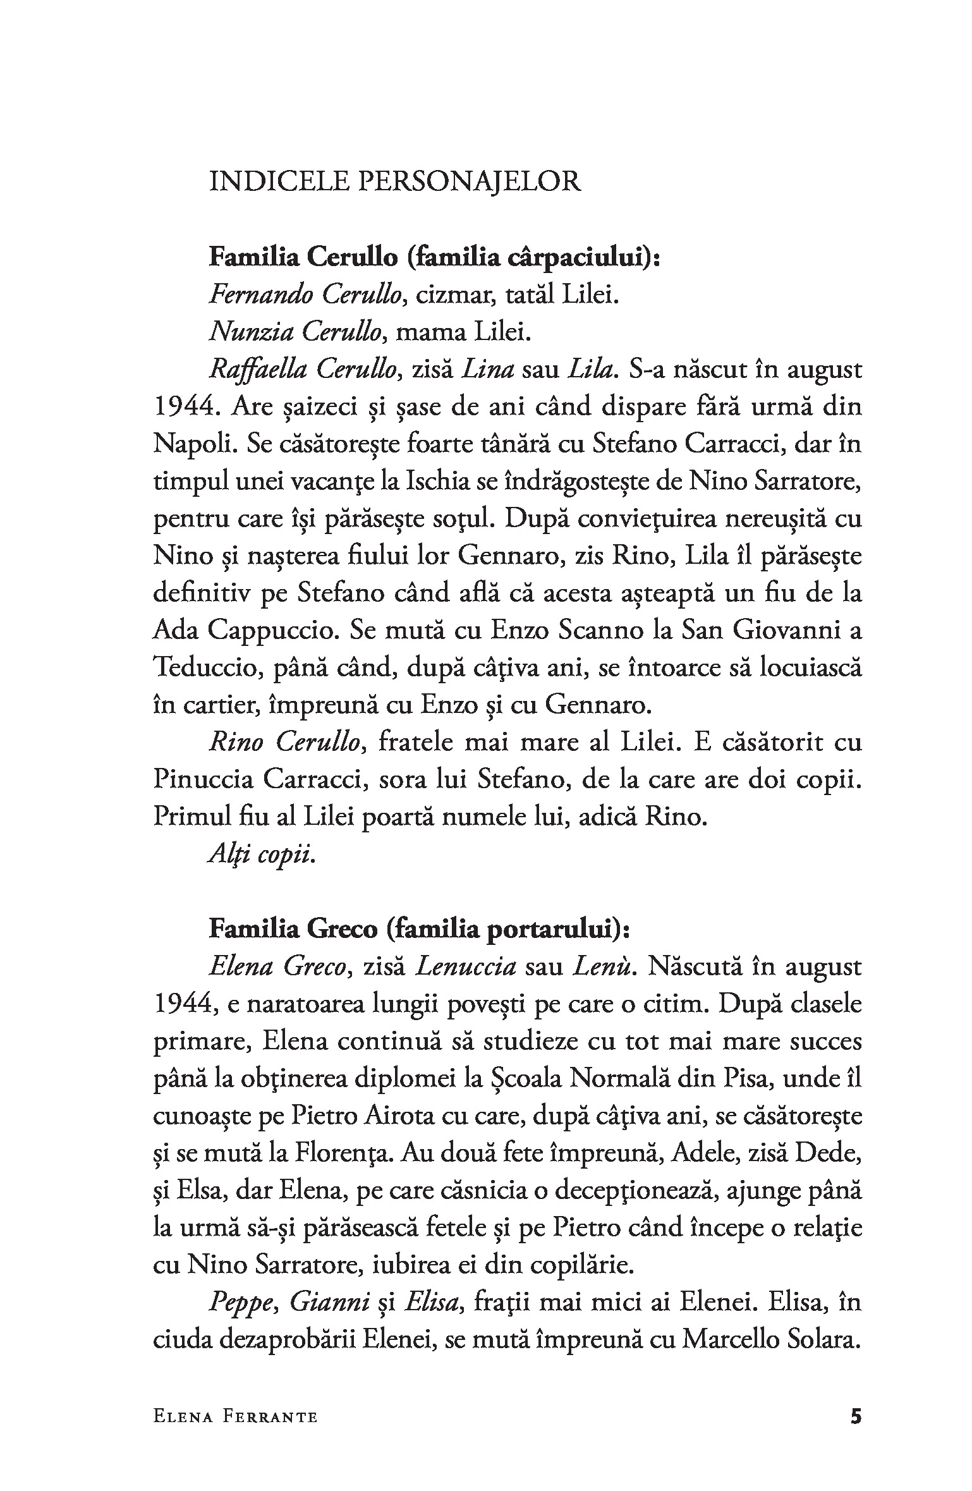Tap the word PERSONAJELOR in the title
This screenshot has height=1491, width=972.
[470, 183]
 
